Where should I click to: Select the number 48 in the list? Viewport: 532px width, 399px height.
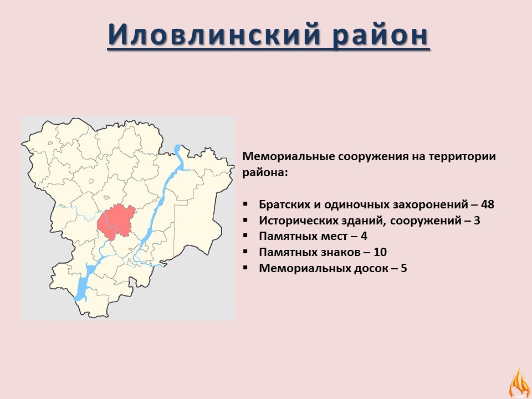[488, 204]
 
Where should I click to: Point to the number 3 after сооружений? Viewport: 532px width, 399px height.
[477, 221]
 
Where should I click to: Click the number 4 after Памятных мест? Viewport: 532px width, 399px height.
[364, 236]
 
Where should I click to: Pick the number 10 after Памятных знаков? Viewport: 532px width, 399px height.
[380, 252]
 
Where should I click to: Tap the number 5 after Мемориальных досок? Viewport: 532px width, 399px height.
[404, 268]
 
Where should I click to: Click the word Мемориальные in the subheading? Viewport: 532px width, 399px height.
[288, 157]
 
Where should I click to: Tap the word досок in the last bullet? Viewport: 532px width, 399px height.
[371, 269]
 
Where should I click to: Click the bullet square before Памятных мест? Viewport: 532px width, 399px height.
[245, 236]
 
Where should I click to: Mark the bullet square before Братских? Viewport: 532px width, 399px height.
[245, 204]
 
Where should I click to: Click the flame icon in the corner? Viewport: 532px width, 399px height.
[519, 383]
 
